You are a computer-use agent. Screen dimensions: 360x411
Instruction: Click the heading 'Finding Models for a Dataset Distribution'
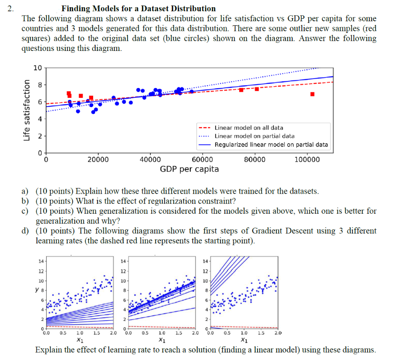138,8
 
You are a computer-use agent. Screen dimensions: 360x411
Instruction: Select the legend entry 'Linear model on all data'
249,128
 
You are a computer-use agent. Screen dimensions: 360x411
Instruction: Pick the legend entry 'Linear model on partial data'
254,136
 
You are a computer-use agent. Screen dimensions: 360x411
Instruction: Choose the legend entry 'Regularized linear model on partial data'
271,145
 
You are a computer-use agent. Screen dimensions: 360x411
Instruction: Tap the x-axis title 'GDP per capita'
189,169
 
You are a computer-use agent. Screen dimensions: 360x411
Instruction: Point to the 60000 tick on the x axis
203,160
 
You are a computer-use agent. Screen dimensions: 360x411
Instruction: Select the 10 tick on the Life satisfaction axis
37,68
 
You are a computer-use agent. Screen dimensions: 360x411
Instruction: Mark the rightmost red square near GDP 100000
312,94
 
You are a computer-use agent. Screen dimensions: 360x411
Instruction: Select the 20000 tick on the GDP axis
98,160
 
